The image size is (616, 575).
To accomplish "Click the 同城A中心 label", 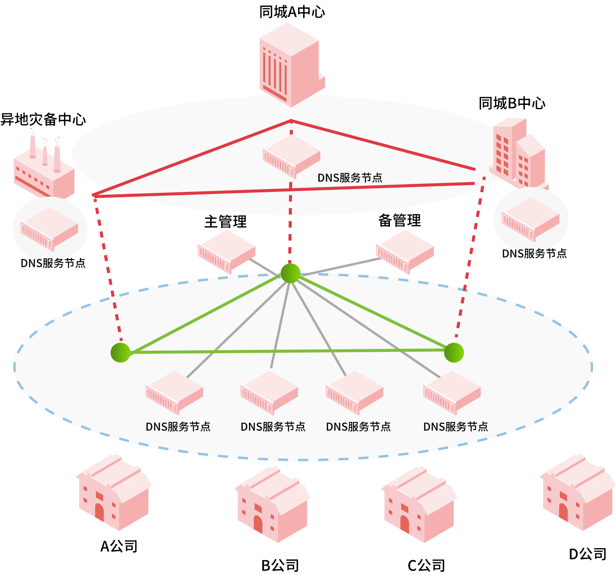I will click(x=292, y=12).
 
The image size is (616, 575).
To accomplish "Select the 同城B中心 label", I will click(x=512, y=103).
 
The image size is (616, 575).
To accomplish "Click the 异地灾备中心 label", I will click(x=43, y=119).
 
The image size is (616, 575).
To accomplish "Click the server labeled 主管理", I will click(x=226, y=252).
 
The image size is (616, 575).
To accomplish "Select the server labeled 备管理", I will click(x=405, y=252).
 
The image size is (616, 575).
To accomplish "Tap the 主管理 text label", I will click(x=226, y=222).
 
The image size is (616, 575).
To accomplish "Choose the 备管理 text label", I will click(x=399, y=221).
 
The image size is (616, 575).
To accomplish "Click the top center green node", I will click(x=290, y=273).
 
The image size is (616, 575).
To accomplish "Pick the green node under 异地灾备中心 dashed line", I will click(x=120, y=352).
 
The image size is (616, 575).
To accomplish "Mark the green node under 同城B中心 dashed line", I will click(x=454, y=352).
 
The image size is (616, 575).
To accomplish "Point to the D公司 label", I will click(x=587, y=554).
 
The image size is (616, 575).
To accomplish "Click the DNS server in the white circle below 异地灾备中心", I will click(x=49, y=229).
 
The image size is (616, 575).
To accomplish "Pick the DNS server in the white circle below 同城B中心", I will click(x=531, y=219).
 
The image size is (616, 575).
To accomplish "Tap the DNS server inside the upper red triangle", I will click(x=291, y=156).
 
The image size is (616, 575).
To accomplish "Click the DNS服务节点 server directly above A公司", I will click(x=174, y=392).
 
